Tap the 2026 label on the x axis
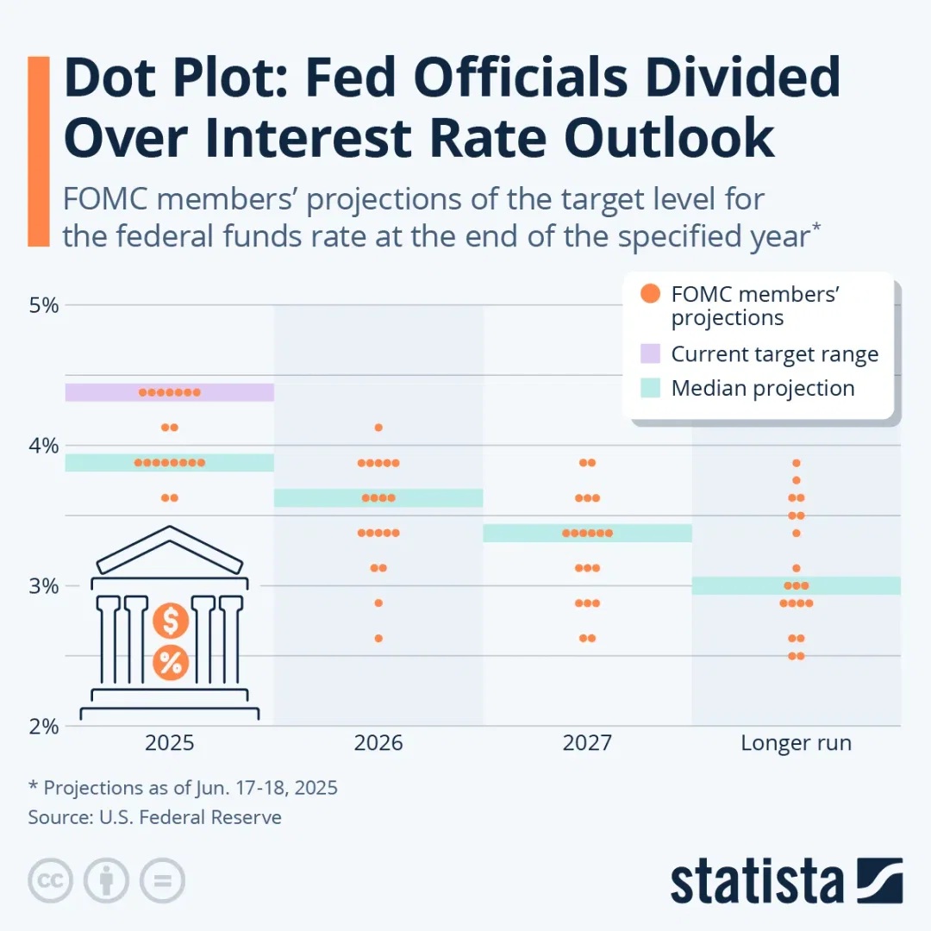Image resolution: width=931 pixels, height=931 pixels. (x=378, y=743)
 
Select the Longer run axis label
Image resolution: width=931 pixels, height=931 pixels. (x=796, y=743)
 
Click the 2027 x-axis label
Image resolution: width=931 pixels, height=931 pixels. (x=587, y=743)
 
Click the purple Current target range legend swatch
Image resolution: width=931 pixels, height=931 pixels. (x=651, y=353)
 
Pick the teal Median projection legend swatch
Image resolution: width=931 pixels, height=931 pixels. (x=651, y=388)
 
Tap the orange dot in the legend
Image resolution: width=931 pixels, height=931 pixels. (x=651, y=294)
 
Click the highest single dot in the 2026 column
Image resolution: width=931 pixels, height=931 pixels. (x=378, y=428)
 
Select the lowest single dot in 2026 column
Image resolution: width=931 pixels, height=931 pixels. (x=378, y=639)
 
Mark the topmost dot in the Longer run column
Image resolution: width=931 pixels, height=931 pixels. (x=797, y=463)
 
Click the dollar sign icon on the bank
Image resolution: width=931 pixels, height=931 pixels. (x=171, y=621)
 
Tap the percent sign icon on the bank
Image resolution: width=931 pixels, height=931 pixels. (x=171, y=663)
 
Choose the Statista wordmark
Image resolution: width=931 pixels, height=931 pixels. (x=757, y=880)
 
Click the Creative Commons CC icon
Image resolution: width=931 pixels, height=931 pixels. (x=51, y=880)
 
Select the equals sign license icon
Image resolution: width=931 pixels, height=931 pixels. (x=162, y=880)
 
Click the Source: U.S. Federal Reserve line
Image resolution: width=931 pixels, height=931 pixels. (x=155, y=817)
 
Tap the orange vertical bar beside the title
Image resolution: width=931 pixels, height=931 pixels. (x=39, y=151)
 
